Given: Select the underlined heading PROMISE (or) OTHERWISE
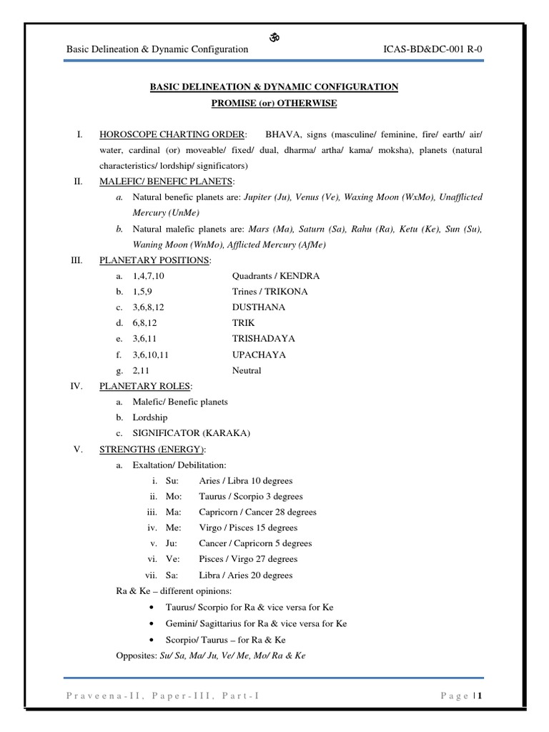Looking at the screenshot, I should click(274, 103).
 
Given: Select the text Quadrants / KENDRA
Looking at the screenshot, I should click(276, 276).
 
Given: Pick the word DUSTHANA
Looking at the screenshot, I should click(258, 307).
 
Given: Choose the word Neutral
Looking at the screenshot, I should click(247, 370).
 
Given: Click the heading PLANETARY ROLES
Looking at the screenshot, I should click(145, 386).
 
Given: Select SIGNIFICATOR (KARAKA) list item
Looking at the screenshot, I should click(192, 433).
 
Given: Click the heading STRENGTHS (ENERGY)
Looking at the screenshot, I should click(152, 449).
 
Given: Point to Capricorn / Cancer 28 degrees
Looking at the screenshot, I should click(257, 512).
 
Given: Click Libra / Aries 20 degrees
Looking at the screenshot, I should click(245, 575).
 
